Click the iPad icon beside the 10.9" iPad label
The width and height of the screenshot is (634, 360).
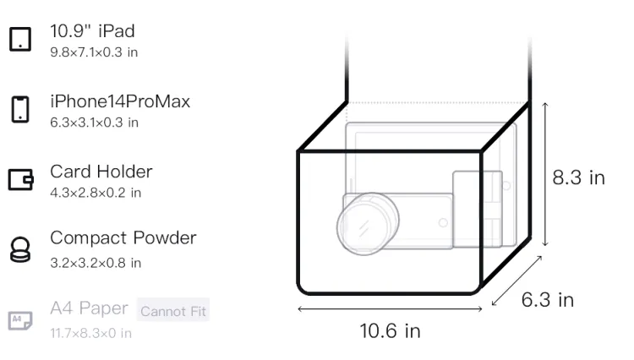(x=20, y=39)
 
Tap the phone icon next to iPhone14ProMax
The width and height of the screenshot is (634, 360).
(x=20, y=109)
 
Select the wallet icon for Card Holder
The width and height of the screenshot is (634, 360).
(x=20, y=179)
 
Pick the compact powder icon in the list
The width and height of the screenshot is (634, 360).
(x=20, y=249)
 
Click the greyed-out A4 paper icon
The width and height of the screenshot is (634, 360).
(x=20, y=320)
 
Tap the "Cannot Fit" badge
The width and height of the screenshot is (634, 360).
(x=173, y=310)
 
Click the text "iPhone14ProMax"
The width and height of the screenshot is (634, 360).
(x=120, y=101)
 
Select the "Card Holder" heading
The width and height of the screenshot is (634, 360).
(x=101, y=172)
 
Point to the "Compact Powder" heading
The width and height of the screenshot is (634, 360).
(x=123, y=238)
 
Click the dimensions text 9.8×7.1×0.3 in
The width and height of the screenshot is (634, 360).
(x=94, y=52)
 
